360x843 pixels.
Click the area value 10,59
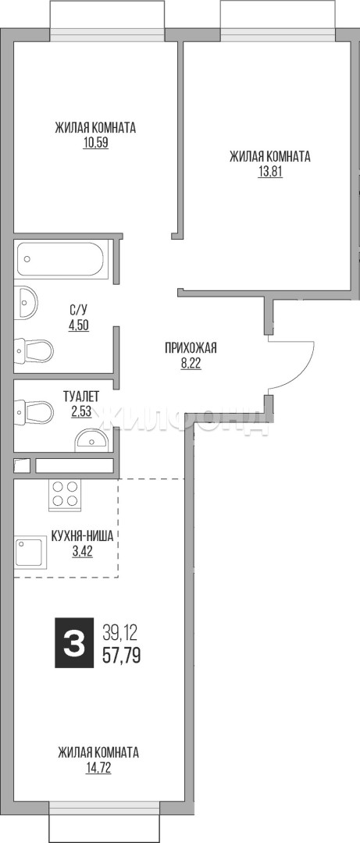96,144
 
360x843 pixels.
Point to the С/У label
78,310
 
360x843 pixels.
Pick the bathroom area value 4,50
78,325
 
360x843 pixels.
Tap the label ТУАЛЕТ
81,397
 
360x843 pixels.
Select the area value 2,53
80,412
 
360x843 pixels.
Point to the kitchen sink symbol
29,552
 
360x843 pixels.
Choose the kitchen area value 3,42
82,551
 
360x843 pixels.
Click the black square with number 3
74,643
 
